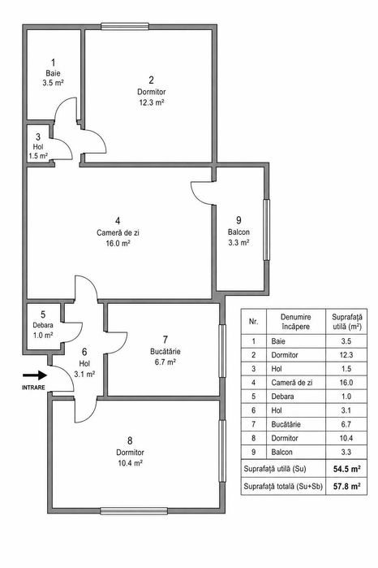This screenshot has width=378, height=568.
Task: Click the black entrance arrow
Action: pyautogui.click(x=35, y=375)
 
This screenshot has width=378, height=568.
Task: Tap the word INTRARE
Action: pyautogui.click(x=33, y=388)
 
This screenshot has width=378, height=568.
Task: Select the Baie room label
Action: pyautogui.click(x=54, y=73)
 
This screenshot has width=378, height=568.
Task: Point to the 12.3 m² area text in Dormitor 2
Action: pyautogui.click(x=152, y=102)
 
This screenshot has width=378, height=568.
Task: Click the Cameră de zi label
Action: pyautogui.click(x=118, y=232)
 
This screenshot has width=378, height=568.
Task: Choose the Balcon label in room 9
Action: pyautogui.click(x=238, y=232)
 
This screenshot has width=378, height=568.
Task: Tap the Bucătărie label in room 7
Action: pyautogui.click(x=165, y=351)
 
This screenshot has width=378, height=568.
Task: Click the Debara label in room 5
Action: pyautogui.click(x=43, y=325)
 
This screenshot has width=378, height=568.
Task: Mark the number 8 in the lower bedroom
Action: pyautogui.click(x=130, y=441)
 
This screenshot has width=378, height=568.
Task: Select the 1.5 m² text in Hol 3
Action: pyautogui.click(x=38, y=156)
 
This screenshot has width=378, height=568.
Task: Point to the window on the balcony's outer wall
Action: pyautogui.click(x=266, y=230)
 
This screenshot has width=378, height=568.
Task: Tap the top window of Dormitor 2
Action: pyautogui.click(x=125, y=27)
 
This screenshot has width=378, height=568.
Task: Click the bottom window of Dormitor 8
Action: pyautogui.click(x=134, y=511)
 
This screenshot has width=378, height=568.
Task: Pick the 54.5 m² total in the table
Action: pyautogui.click(x=347, y=469)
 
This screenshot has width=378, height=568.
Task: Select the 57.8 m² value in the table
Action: pyautogui.click(x=347, y=486)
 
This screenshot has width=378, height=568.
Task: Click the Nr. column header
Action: pyautogui.click(x=254, y=321)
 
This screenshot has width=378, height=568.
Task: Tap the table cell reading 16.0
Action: pyautogui.click(x=346, y=383)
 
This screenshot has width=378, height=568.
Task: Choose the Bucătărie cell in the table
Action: pyautogui.click(x=286, y=424)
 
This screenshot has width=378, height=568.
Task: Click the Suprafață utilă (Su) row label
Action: pyautogui.click(x=275, y=469)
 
